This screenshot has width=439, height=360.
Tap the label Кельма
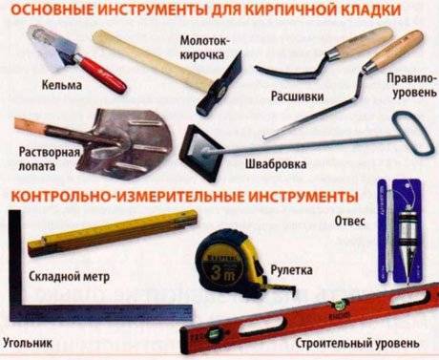tap(62, 85)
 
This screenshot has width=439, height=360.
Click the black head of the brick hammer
tap(220, 84)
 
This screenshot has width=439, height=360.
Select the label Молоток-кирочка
tap(203, 48)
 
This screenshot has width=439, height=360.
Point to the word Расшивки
tap(298, 95)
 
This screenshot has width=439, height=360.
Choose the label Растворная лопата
tap(49, 159)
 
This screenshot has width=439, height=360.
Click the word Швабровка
tap(276, 163)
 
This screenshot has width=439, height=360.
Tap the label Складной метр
tap(70, 276)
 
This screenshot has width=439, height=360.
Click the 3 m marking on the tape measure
tap(222, 273)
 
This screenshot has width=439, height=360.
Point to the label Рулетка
tap(291, 270)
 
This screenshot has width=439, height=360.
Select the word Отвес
tap(349, 221)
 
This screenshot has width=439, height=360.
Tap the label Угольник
tap(28, 343)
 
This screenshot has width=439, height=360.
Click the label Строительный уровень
tap(357, 343)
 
